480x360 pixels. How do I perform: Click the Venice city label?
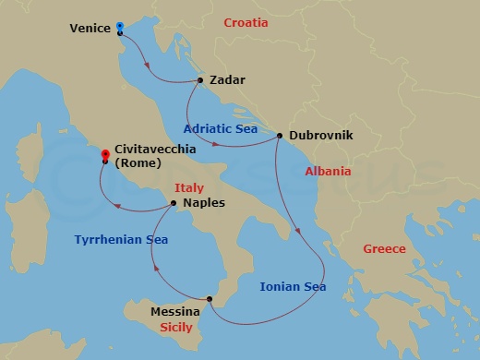click(90, 28)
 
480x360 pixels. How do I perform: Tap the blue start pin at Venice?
click(120, 27)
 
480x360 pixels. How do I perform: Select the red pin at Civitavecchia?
click(104, 153)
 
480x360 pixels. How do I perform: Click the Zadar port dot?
click(200, 80)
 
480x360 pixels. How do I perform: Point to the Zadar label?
click(227, 80)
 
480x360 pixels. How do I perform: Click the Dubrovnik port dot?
click(279, 137)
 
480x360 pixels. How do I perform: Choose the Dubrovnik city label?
click(318, 135)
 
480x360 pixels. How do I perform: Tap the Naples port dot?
click(174, 203)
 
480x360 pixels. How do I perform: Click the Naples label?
click(203, 203)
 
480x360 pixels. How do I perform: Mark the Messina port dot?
click(210, 298)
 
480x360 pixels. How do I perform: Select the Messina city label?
click(176, 313)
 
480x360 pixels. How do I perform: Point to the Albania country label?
click(328, 172)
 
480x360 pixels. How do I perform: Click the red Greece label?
click(383, 248)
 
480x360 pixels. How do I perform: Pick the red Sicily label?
click(176, 328)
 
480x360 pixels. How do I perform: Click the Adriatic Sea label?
click(221, 129)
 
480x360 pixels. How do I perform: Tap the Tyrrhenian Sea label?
click(121, 239)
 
